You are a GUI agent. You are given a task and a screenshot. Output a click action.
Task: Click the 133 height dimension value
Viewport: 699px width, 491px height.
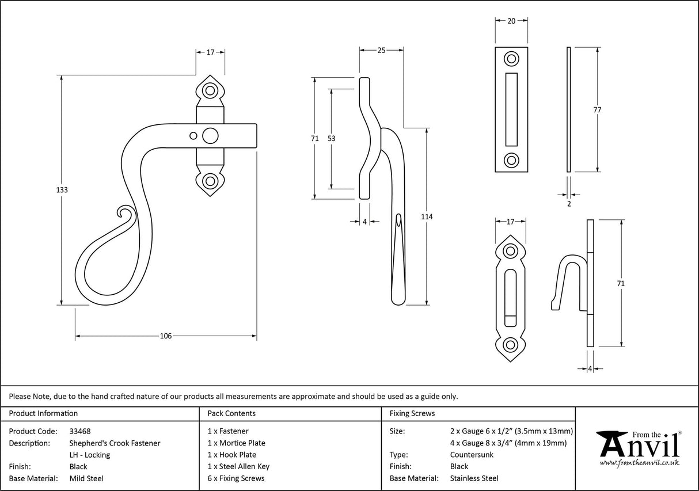click(63, 190)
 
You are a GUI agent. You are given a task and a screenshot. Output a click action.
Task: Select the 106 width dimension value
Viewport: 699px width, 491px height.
click(166, 336)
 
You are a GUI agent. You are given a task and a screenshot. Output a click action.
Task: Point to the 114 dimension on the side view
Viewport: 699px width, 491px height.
click(426, 216)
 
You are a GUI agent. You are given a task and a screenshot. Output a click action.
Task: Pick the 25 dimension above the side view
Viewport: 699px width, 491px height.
click(381, 51)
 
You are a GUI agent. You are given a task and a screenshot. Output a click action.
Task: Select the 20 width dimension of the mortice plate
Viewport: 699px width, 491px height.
click(511, 21)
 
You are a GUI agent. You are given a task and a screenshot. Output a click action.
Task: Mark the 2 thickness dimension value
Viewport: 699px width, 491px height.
click(569, 203)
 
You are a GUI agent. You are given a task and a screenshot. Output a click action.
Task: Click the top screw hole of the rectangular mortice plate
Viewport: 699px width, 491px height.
click(511, 59)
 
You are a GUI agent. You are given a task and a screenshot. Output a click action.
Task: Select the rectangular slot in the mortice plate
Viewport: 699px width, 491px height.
click(511, 109)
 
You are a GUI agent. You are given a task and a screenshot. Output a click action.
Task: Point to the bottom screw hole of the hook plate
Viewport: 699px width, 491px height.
click(510, 345)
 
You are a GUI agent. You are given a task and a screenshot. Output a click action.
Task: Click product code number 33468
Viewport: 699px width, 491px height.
click(79, 431)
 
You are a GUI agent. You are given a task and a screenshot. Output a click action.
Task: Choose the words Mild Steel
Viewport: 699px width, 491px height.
click(86, 478)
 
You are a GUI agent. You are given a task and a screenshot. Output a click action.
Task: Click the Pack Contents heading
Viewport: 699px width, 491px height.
click(231, 413)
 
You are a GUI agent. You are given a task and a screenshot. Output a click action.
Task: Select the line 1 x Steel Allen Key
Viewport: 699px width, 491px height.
click(238, 466)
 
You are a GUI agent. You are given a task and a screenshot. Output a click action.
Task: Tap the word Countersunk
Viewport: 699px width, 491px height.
click(472, 455)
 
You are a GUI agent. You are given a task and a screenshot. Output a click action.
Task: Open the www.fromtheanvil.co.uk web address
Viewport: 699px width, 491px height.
click(639, 463)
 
